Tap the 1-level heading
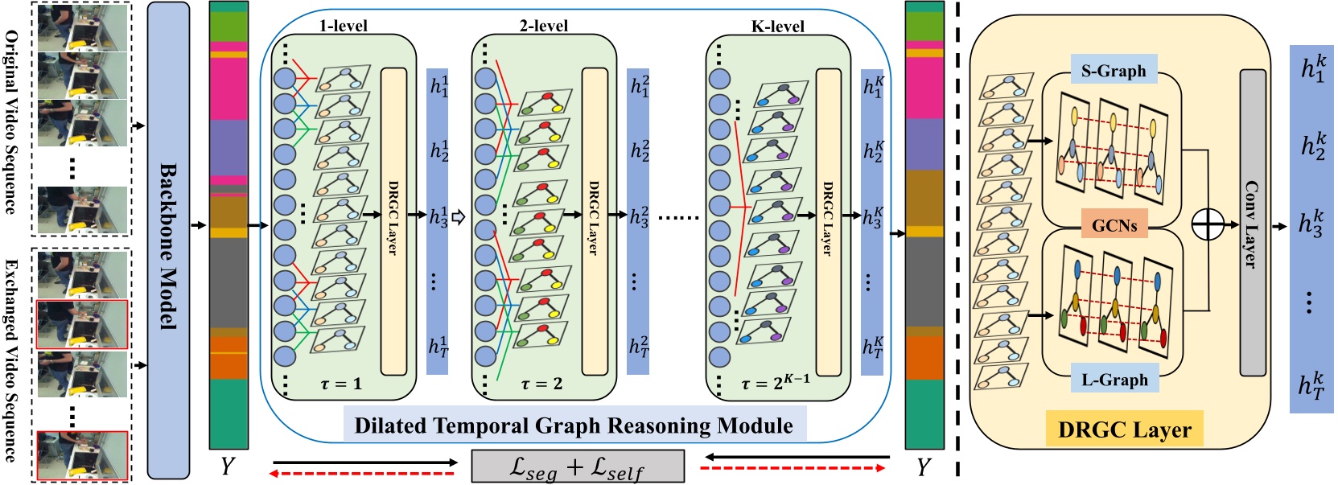pos(343,26)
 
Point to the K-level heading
pos(777,26)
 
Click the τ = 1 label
pos(341,384)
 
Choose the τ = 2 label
pos(541,384)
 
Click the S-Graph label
pos(1114,71)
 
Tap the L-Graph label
pos(1114,380)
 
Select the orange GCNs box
pos(1114,226)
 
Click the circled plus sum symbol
pos(1207,224)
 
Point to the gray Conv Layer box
pos(1252,223)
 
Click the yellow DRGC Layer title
pos(1124,430)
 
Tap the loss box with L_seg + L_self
pos(577,467)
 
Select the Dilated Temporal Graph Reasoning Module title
pos(574,425)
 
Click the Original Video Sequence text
pos(11,121)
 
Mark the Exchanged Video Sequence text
pos(11,360)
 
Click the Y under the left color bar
pos(228,466)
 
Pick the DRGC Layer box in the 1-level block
pos(393,221)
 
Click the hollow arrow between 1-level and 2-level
pos(459,216)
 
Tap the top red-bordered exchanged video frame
pos(82,324)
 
